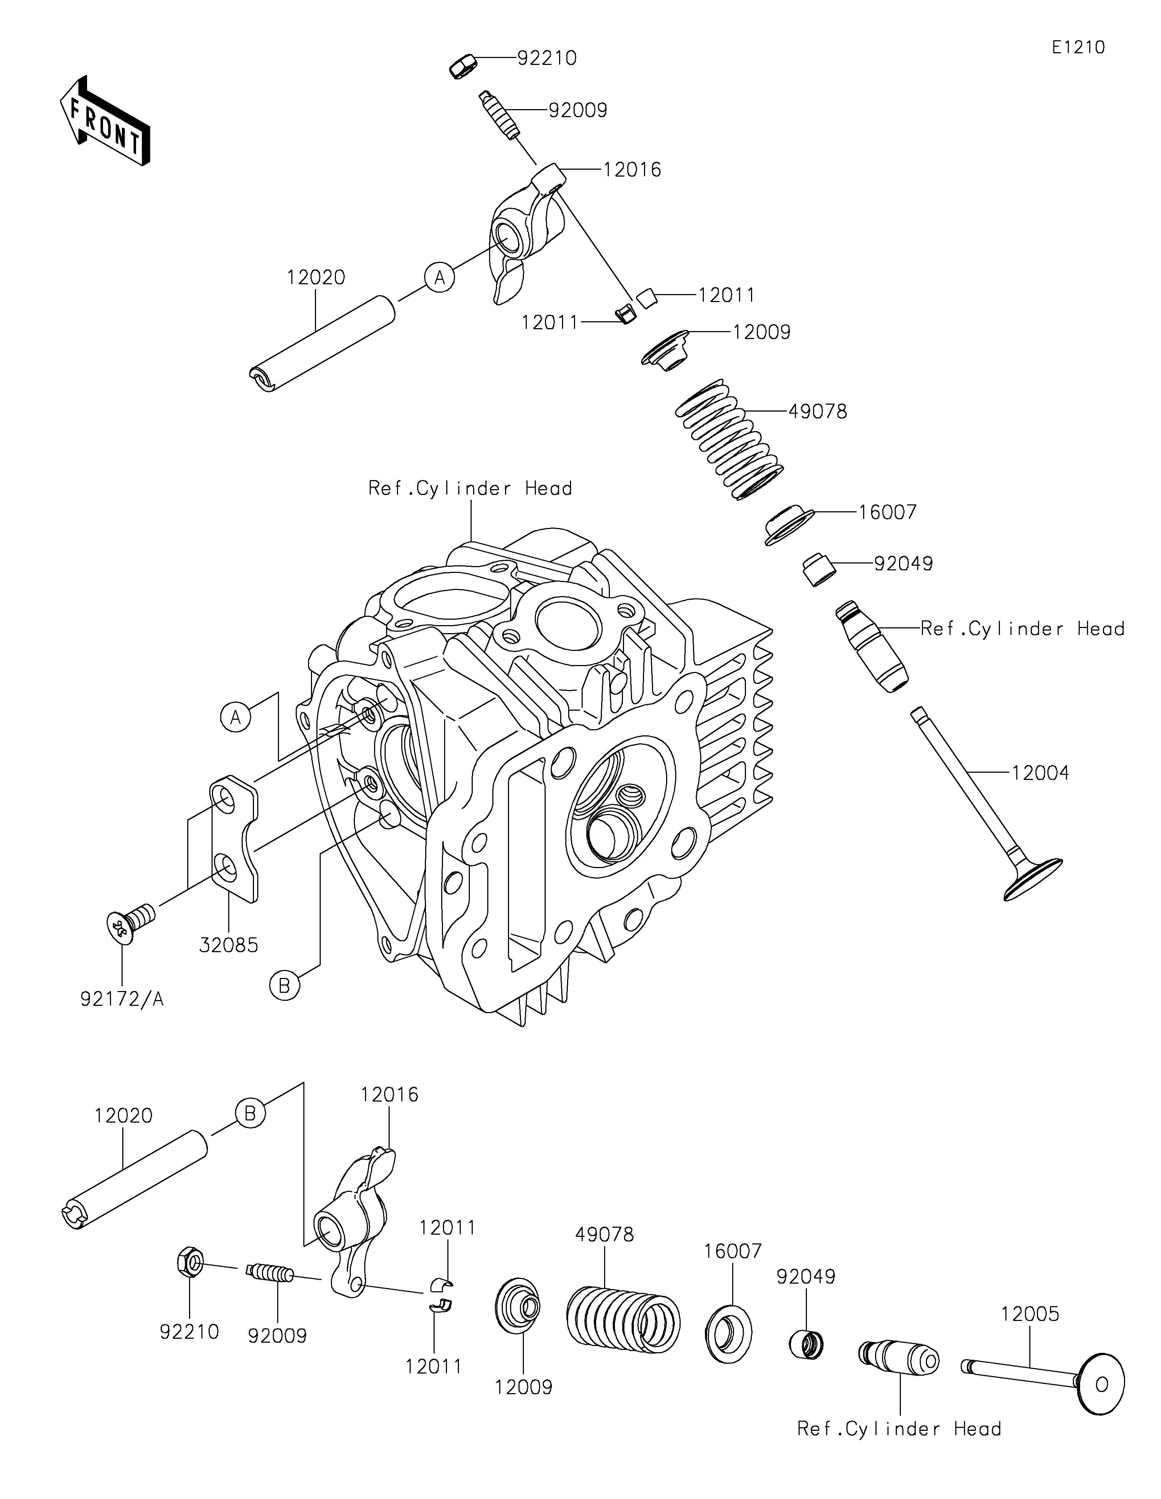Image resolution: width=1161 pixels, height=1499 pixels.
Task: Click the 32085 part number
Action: (229, 945)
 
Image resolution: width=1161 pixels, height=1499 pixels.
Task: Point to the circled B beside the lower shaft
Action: (250, 1112)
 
